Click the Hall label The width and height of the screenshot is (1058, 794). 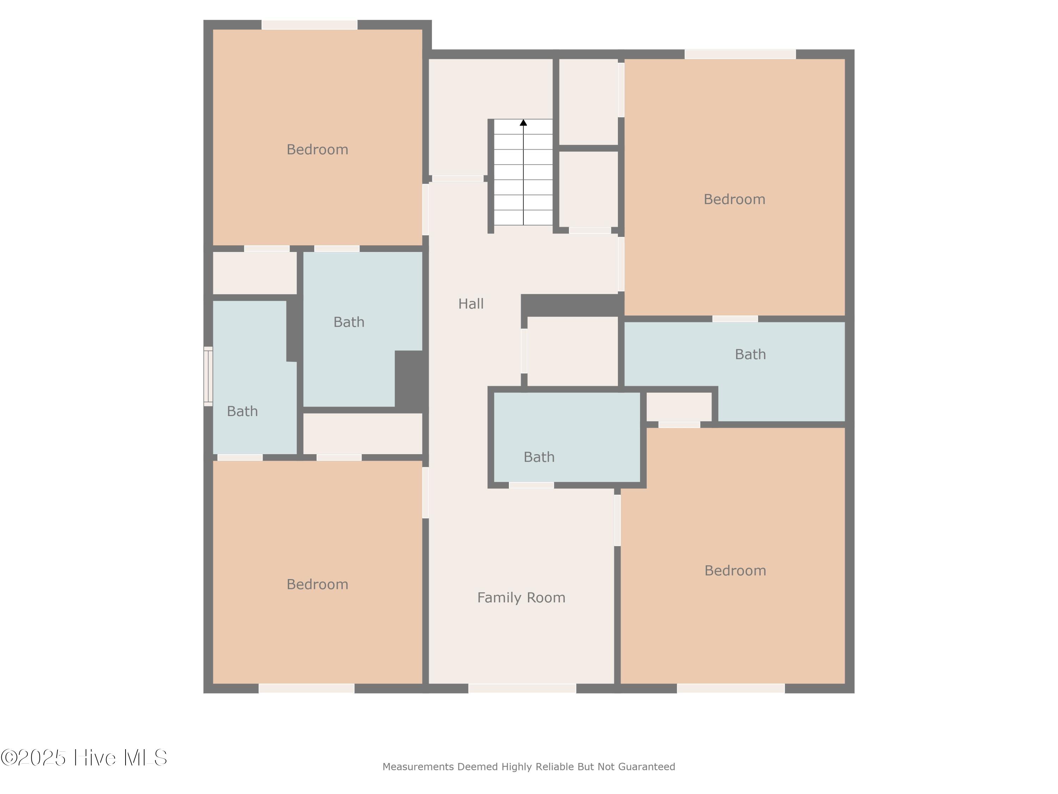coord(471,303)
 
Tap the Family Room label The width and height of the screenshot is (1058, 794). coord(521,597)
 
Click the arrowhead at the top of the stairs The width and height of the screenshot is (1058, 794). coord(523,122)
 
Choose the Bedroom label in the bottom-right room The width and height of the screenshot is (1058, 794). coord(735,571)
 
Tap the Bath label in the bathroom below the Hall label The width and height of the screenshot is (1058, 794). coord(539,457)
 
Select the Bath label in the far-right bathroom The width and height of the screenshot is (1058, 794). coord(750,354)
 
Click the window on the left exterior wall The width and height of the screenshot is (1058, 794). coord(208,376)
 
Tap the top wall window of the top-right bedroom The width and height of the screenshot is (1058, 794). coord(740,54)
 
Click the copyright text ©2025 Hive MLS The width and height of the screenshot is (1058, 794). coord(84,758)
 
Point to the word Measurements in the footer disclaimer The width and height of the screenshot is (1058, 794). coord(418,767)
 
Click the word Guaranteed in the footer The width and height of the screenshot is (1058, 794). coord(647,767)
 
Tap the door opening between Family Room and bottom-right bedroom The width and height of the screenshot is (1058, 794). coord(617,520)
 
